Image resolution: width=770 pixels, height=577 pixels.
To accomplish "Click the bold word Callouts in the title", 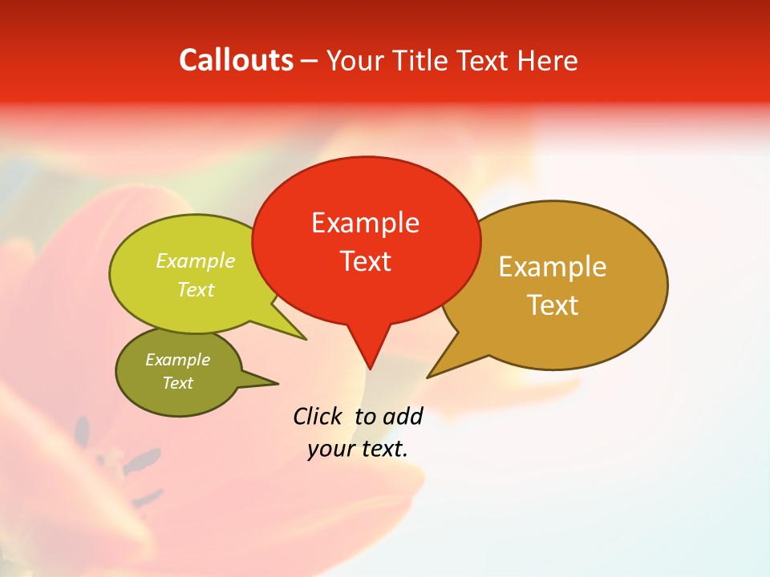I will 236,60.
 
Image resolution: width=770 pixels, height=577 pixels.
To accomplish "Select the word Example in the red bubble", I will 365,223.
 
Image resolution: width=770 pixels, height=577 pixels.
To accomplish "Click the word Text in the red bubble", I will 365,261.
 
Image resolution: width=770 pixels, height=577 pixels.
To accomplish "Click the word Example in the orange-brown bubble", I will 552,267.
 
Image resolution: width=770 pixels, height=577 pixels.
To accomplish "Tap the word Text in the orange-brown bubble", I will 552,305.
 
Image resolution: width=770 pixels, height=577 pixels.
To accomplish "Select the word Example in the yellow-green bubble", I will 196,261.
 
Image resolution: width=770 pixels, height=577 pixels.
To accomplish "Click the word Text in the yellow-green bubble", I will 196,290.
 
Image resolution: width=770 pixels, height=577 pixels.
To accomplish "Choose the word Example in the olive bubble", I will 177,360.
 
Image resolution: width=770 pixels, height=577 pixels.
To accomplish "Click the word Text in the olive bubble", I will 177,383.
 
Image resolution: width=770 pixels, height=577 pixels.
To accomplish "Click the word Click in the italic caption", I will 318,416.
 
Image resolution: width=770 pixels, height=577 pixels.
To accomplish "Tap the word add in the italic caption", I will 402,416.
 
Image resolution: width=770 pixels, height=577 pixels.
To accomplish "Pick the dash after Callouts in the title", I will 310,61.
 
